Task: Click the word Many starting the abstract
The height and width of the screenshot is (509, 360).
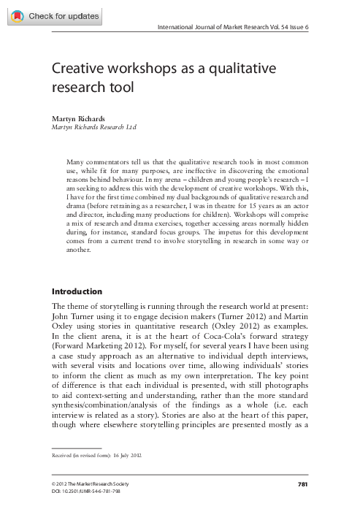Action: click(x=76, y=160)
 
